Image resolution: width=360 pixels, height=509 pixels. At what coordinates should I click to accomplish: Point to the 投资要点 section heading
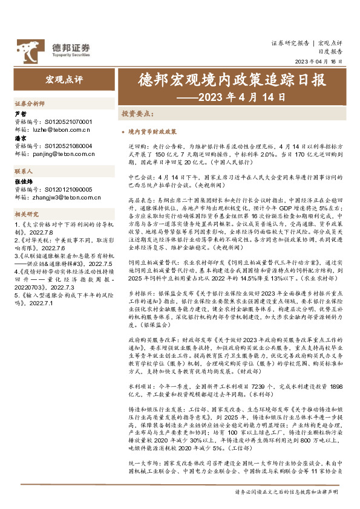coord(137,113)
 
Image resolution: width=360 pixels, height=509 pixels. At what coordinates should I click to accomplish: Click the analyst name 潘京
coord(19,138)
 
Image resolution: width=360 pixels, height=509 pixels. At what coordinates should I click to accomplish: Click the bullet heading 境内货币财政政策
coord(153,131)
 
